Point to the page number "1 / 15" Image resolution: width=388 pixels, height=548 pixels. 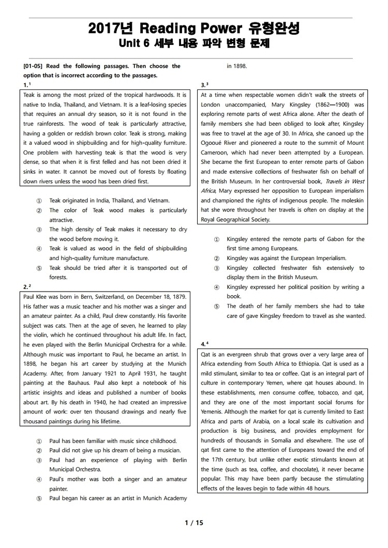tap(194, 523)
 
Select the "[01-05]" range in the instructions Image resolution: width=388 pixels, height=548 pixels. tap(34, 66)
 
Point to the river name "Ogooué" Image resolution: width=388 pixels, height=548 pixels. tap(212, 143)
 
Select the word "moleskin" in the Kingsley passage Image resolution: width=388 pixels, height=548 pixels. tap(351, 201)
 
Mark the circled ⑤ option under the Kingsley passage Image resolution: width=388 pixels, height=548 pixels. tap(216, 307)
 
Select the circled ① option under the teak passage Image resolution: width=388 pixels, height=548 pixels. tap(39, 201)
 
